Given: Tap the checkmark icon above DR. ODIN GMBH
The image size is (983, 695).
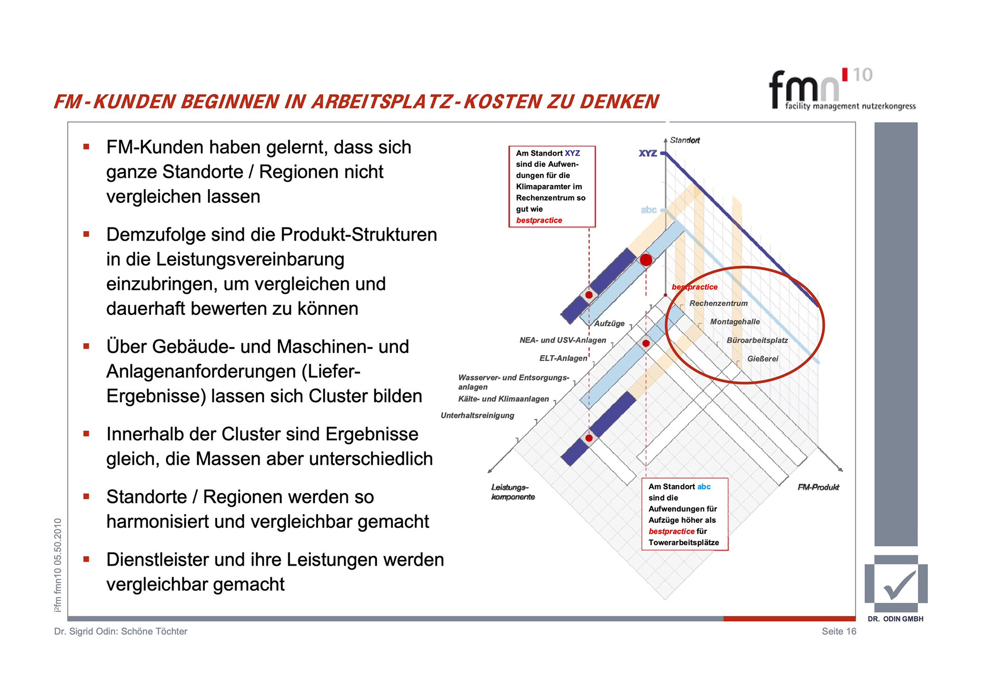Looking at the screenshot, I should point(897,584).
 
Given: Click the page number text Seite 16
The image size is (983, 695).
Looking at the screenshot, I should point(839,631).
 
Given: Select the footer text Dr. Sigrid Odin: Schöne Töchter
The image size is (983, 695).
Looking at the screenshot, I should point(121,631).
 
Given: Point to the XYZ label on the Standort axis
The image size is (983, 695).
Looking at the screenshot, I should point(648,153).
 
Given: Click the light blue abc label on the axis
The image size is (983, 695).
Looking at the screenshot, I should point(649,209).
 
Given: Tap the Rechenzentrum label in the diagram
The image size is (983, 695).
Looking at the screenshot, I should point(718,303).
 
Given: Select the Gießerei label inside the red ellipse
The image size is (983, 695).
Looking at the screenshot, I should point(762,359).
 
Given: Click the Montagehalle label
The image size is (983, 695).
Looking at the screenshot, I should point(735,322).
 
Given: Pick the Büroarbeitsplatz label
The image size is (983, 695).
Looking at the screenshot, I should point(757,340).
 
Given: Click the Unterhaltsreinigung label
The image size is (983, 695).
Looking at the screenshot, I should point(477,415).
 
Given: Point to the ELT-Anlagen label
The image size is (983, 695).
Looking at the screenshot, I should point(563,358).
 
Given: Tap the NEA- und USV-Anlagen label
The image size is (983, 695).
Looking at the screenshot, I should point(563,340).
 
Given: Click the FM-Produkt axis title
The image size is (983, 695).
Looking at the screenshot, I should point(818,487).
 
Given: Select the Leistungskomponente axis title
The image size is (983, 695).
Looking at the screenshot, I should point(512,492).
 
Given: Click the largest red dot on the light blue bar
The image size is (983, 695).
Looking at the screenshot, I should point(646,260).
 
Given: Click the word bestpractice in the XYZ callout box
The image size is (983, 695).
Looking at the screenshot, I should point(539,220).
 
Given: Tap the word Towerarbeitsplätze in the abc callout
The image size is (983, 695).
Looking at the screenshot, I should point(683,542).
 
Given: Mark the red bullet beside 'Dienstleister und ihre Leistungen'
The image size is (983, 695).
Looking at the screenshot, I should point(87,559).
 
